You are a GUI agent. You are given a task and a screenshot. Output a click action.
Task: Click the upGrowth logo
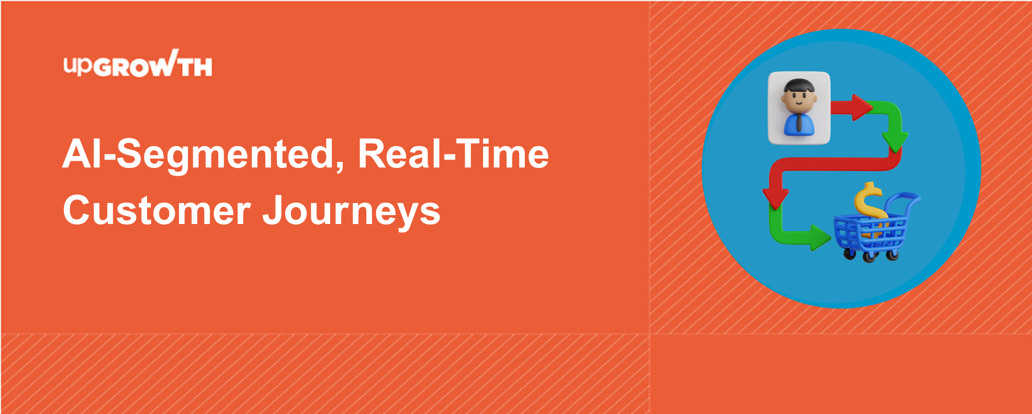click(138, 64)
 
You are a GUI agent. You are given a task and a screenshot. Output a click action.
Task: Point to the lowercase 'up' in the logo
click(78, 66)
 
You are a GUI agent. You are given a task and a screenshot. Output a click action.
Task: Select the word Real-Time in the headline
click(454, 154)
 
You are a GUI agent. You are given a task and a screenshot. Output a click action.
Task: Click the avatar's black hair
click(799, 86)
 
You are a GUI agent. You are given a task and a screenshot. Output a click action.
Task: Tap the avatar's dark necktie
click(799, 124)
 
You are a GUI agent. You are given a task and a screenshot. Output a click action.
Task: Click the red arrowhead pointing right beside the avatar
click(862, 107)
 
